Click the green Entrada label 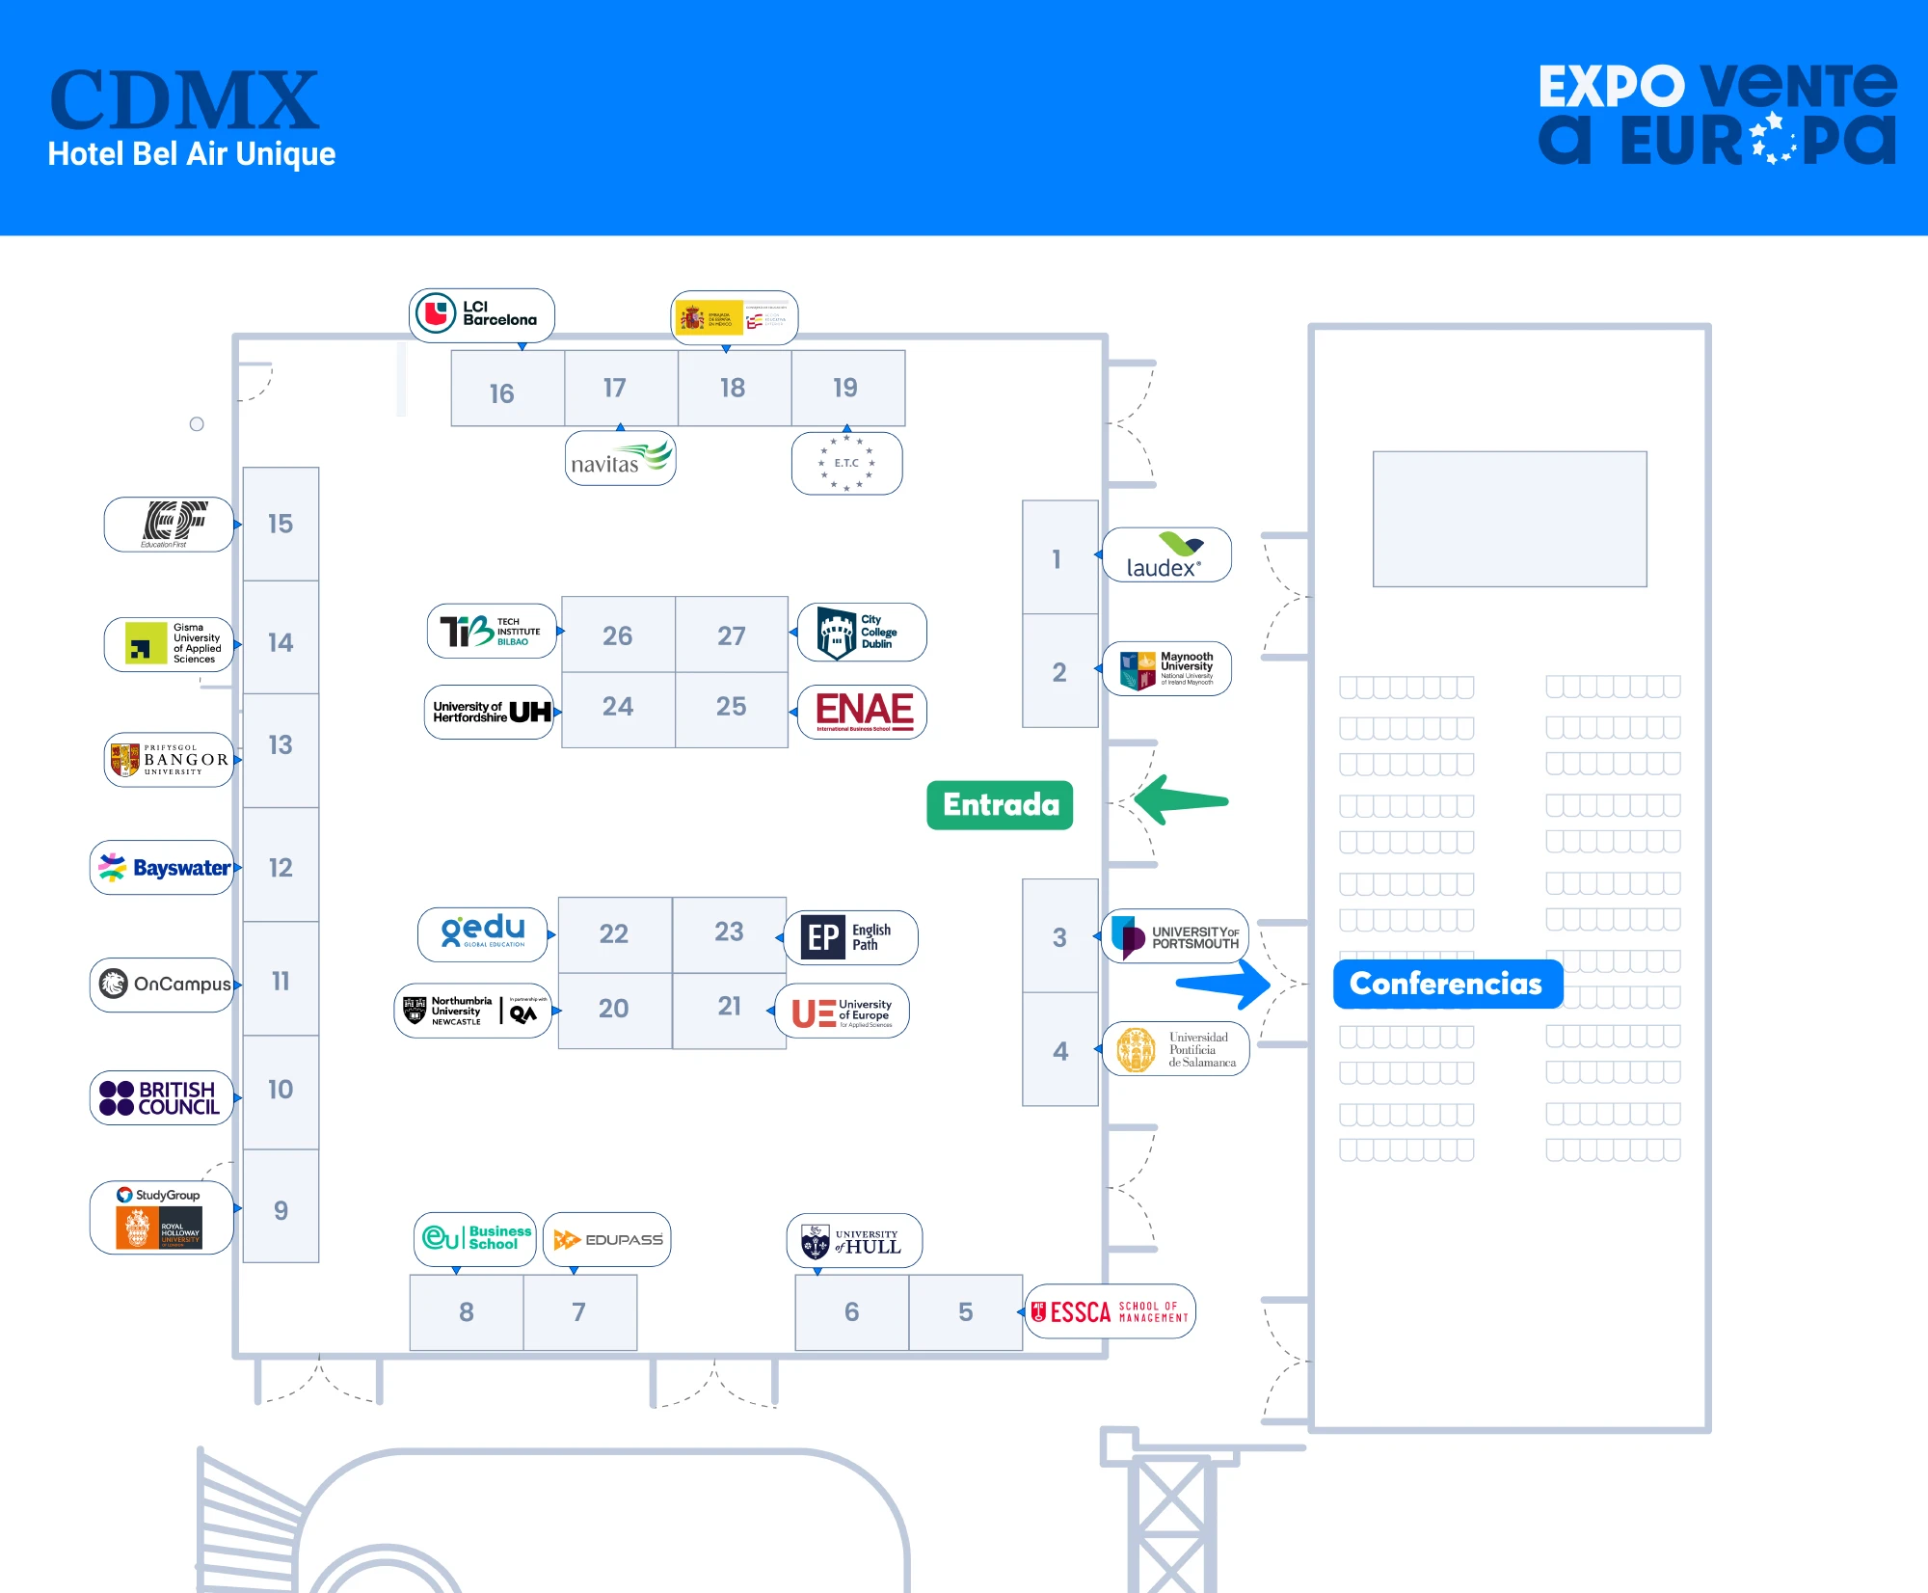pos(1000,805)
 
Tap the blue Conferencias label pos(1446,984)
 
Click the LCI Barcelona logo pos(482,314)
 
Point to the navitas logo pos(620,459)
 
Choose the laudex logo pos(1166,555)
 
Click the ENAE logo pos(863,712)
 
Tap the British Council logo pos(162,1098)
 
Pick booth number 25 pos(732,708)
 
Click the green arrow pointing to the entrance pos(1181,800)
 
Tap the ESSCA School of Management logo pos(1110,1311)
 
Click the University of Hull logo pos(854,1240)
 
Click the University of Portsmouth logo pos(1175,936)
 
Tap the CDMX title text pos(183,100)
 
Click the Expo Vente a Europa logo pos(1717,114)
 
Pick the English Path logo pos(850,937)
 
